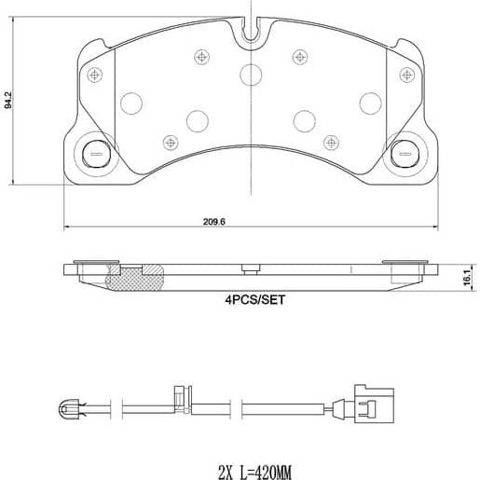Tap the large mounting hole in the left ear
click(95, 150)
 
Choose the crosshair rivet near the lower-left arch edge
click(170, 142)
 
